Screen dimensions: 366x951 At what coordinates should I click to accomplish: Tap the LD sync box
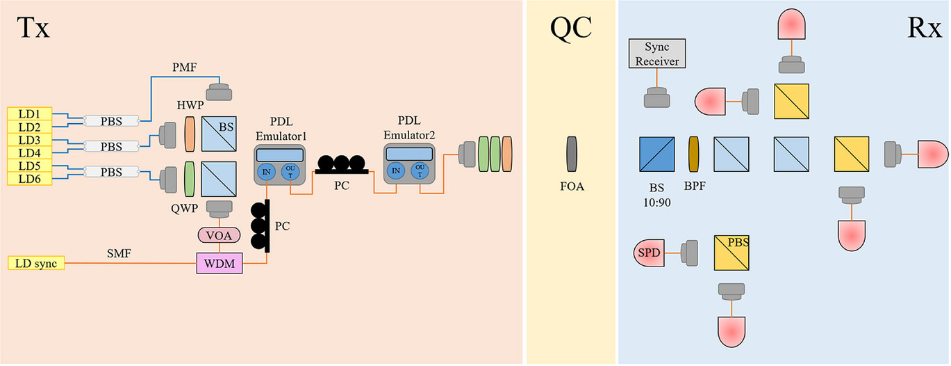tap(35, 263)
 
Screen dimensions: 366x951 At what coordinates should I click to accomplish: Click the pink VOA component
tap(219, 235)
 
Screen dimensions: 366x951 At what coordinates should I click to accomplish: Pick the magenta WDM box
tap(219, 264)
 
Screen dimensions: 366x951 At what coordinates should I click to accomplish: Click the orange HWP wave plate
tap(190, 133)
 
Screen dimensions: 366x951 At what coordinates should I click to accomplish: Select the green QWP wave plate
tap(190, 180)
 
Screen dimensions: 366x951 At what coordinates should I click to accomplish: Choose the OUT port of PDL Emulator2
tap(420, 169)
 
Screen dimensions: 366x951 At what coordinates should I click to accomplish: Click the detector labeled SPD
tap(650, 252)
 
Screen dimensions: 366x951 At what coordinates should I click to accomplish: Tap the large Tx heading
tap(33, 29)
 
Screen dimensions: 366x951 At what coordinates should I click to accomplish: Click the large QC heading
tap(571, 29)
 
